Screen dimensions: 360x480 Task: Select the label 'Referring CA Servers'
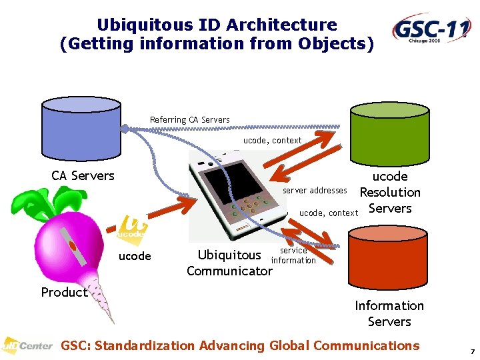pos(189,120)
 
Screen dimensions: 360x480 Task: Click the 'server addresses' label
pos(315,191)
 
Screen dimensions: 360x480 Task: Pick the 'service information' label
pos(293,255)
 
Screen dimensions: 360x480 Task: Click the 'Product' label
pos(64,292)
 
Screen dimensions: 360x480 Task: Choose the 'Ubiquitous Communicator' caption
pos(229,263)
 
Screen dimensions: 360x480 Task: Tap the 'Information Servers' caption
pos(389,313)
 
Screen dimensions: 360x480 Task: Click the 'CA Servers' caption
pos(83,176)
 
